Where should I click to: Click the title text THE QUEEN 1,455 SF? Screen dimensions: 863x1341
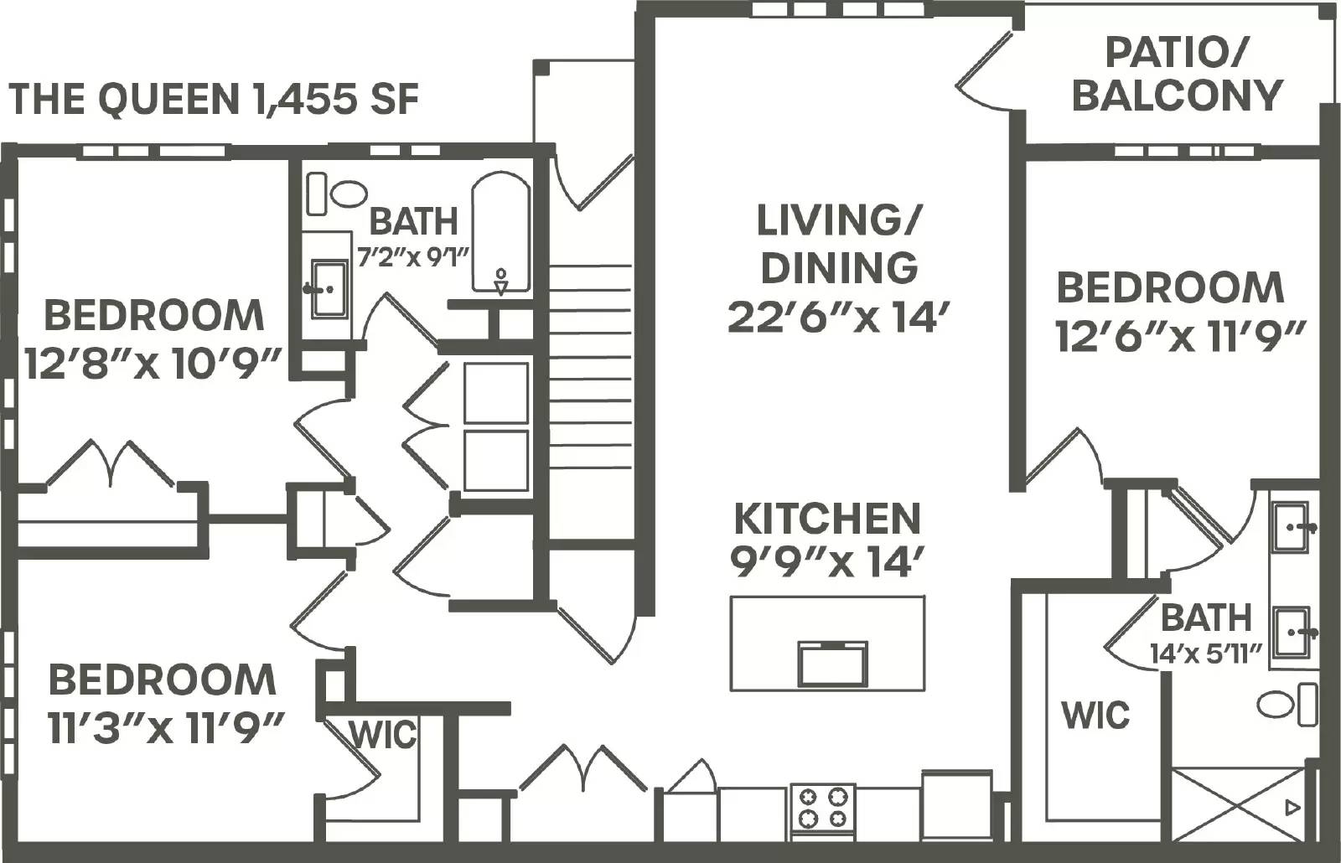[x=214, y=100]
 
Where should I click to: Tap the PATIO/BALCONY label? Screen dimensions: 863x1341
[x=1177, y=75]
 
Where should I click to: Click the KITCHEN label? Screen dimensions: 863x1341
[x=827, y=519]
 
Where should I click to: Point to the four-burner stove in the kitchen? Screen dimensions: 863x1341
[x=822, y=807]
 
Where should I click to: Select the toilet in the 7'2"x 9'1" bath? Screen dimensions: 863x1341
[x=347, y=194]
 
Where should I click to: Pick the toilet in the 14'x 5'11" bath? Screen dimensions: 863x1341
[x=1276, y=705]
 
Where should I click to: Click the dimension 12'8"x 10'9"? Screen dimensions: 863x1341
[x=152, y=364]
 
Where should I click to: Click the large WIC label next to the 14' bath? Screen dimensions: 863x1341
[x=1095, y=715]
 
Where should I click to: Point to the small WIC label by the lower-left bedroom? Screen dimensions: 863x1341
[x=382, y=735]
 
